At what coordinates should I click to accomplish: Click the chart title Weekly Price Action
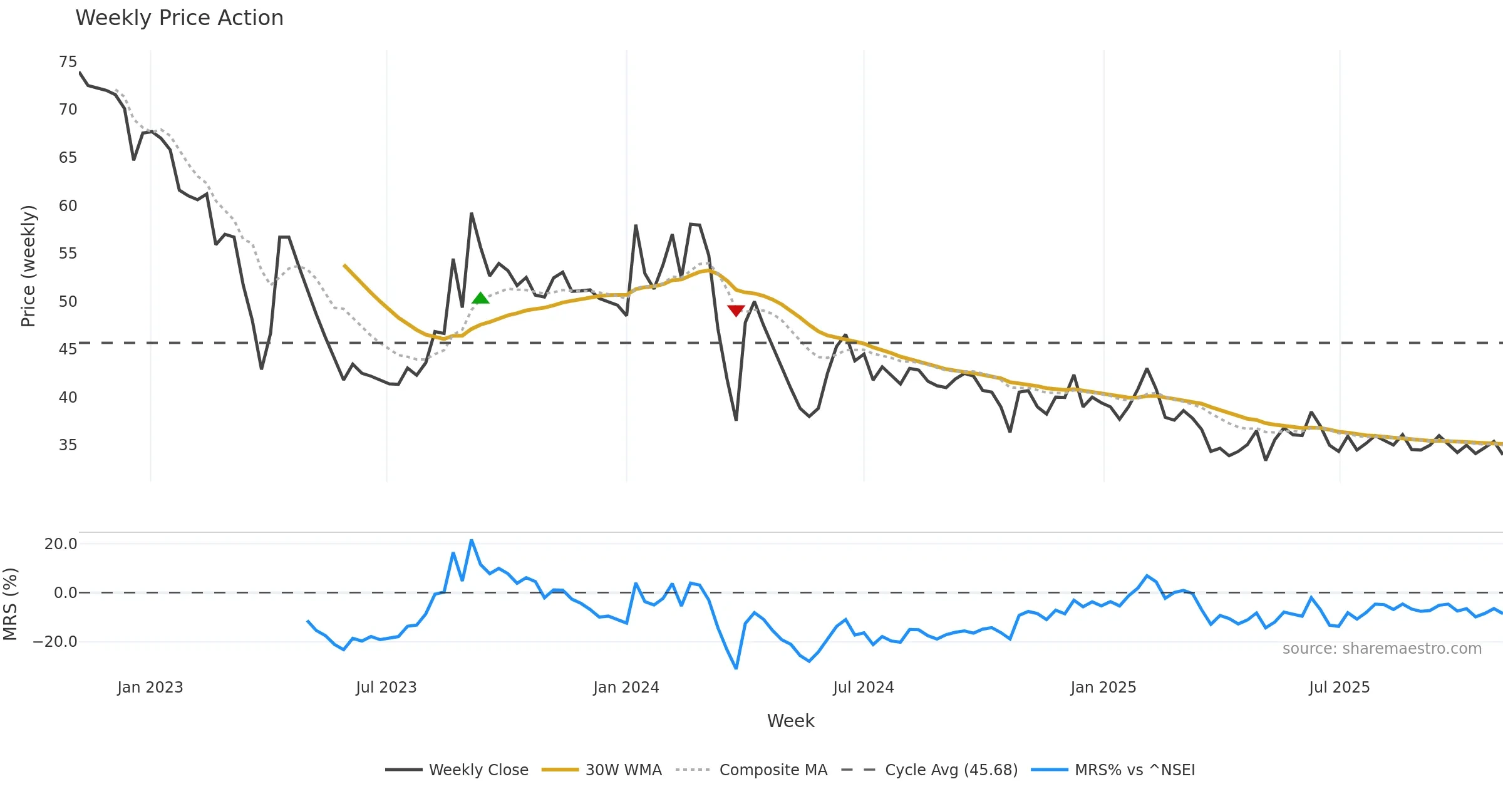tap(179, 18)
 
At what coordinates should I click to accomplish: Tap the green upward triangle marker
tap(480, 298)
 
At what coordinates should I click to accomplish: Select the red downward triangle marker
tap(736, 311)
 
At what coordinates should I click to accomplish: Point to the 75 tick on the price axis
tap(68, 62)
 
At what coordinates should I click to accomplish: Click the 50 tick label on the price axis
tap(68, 302)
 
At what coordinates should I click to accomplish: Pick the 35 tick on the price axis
tap(68, 445)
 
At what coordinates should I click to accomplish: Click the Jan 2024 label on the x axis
tap(626, 688)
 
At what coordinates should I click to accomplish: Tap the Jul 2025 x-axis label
tap(1339, 688)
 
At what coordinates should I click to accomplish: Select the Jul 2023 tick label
tap(386, 688)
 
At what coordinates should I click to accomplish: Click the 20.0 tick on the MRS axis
tap(61, 544)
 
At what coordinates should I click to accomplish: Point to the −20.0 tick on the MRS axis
tap(55, 642)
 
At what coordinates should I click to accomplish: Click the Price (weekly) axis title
tap(29, 266)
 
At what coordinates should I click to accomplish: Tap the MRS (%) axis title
tap(11, 604)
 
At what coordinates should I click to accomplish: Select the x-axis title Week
tap(790, 721)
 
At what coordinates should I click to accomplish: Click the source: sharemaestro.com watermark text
tap(1382, 649)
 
